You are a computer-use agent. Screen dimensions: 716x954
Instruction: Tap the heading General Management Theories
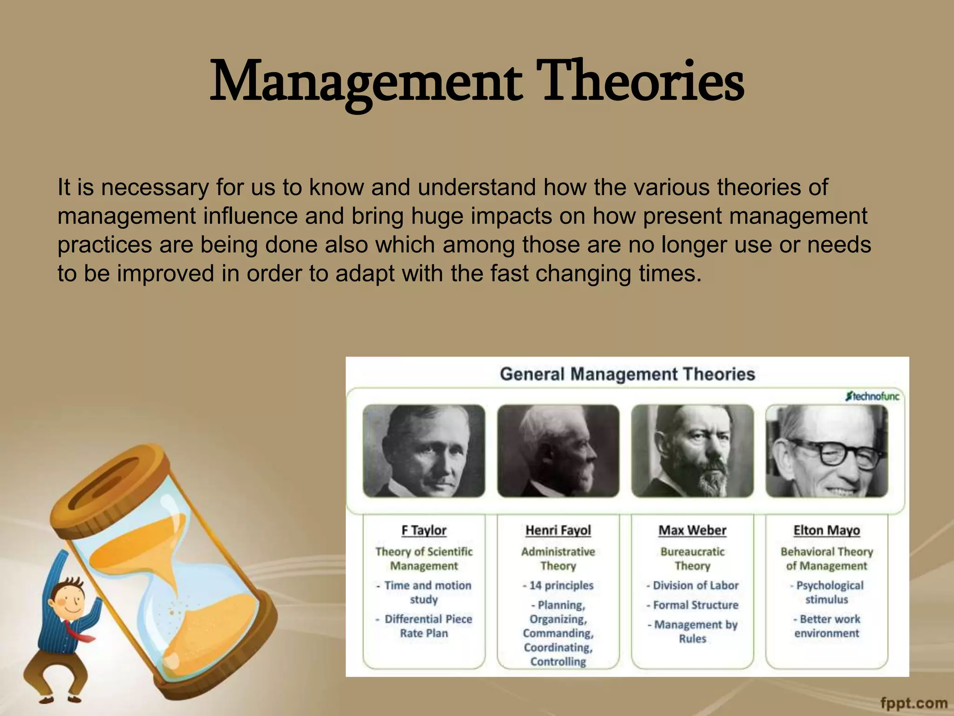(x=627, y=374)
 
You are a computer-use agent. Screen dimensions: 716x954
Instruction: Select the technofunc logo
(x=872, y=397)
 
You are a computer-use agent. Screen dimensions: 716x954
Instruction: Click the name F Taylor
(x=424, y=530)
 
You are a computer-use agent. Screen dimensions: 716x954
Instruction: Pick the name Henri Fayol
(x=558, y=530)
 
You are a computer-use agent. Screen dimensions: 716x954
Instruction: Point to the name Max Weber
(x=692, y=530)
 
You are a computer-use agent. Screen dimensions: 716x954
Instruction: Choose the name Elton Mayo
(x=826, y=530)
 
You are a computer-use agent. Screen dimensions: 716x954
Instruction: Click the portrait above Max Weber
(x=692, y=451)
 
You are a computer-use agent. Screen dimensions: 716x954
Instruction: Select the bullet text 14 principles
(x=561, y=585)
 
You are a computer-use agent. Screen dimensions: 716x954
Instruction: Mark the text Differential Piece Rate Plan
(x=425, y=626)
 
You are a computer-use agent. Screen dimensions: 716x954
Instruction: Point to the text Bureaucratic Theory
(x=692, y=558)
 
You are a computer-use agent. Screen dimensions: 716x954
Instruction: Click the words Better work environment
(x=827, y=626)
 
